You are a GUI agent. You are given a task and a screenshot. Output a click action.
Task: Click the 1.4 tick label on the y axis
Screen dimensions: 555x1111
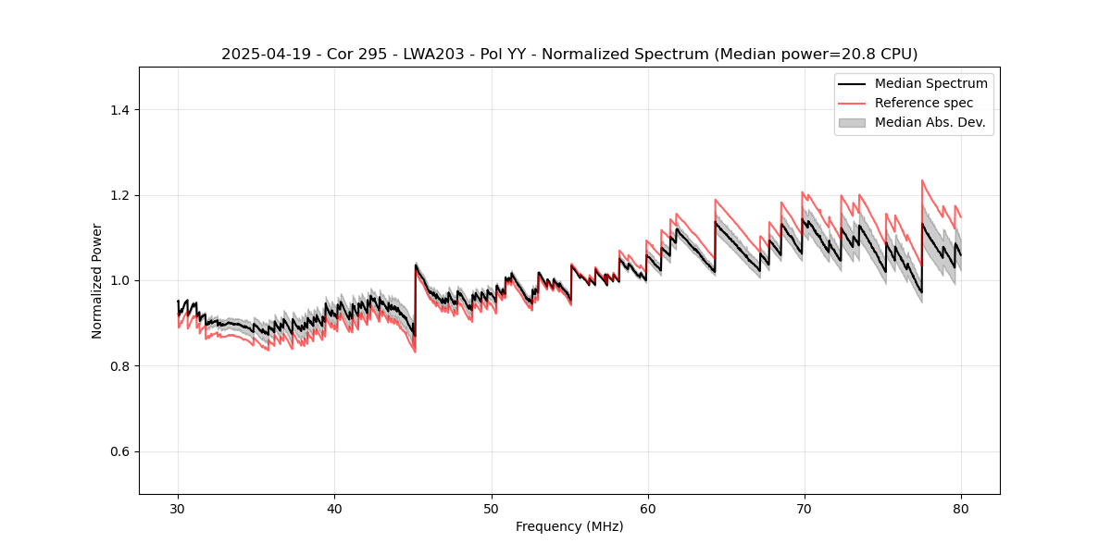pyautogui.click(x=121, y=110)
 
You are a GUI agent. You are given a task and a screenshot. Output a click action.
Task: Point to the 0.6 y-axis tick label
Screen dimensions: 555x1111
pyautogui.click(x=121, y=451)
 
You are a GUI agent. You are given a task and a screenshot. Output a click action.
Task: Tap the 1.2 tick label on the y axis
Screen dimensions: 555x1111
pyautogui.click(x=121, y=195)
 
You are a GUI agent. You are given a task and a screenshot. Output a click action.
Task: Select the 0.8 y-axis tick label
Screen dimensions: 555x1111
pyautogui.click(x=121, y=366)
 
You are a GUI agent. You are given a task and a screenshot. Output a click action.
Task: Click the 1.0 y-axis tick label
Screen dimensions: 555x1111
pyautogui.click(x=121, y=280)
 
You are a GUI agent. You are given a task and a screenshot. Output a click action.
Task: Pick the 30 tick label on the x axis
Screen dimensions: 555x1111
pyautogui.click(x=178, y=509)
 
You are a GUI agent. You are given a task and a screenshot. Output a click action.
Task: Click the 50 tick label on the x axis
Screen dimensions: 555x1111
pyautogui.click(x=491, y=509)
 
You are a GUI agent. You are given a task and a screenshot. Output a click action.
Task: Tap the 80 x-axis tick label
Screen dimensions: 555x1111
pyautogui.click(x=960, y=509)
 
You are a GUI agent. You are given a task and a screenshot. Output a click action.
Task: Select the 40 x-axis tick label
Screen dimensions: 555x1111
pyautogui.click(x=334, y=509)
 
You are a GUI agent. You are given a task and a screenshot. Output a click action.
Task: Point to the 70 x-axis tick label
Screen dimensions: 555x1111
pyautogui.click(x=804, y=509)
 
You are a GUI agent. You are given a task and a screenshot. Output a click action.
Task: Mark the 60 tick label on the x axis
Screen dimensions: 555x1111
pyautogui.click(x=647, y=509)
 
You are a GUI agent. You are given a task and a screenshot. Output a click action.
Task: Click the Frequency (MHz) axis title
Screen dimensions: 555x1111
pyautogui.click(x=569, y=526)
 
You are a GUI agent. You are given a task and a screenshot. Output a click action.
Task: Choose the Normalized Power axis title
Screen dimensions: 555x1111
pyautogui.click(x=97, y=280)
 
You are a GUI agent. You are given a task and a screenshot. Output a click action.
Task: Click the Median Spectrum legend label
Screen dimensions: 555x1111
pyautogui.click(x=930, y=83)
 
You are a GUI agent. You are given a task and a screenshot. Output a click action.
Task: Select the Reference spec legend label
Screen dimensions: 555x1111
pyautogui.click(x=923, y=103)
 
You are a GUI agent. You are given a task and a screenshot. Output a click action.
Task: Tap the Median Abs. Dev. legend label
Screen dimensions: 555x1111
pyautogui.click(x=930, y=122)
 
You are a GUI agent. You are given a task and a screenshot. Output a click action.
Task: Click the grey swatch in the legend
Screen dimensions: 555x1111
pyautogui.click(x=852, y=122)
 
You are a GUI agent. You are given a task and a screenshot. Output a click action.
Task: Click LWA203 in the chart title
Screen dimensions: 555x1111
pyautogui.click(x=438, y=55)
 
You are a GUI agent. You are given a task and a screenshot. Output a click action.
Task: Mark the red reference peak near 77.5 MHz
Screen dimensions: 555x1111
pyautogui.click(x=922, y=180)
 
